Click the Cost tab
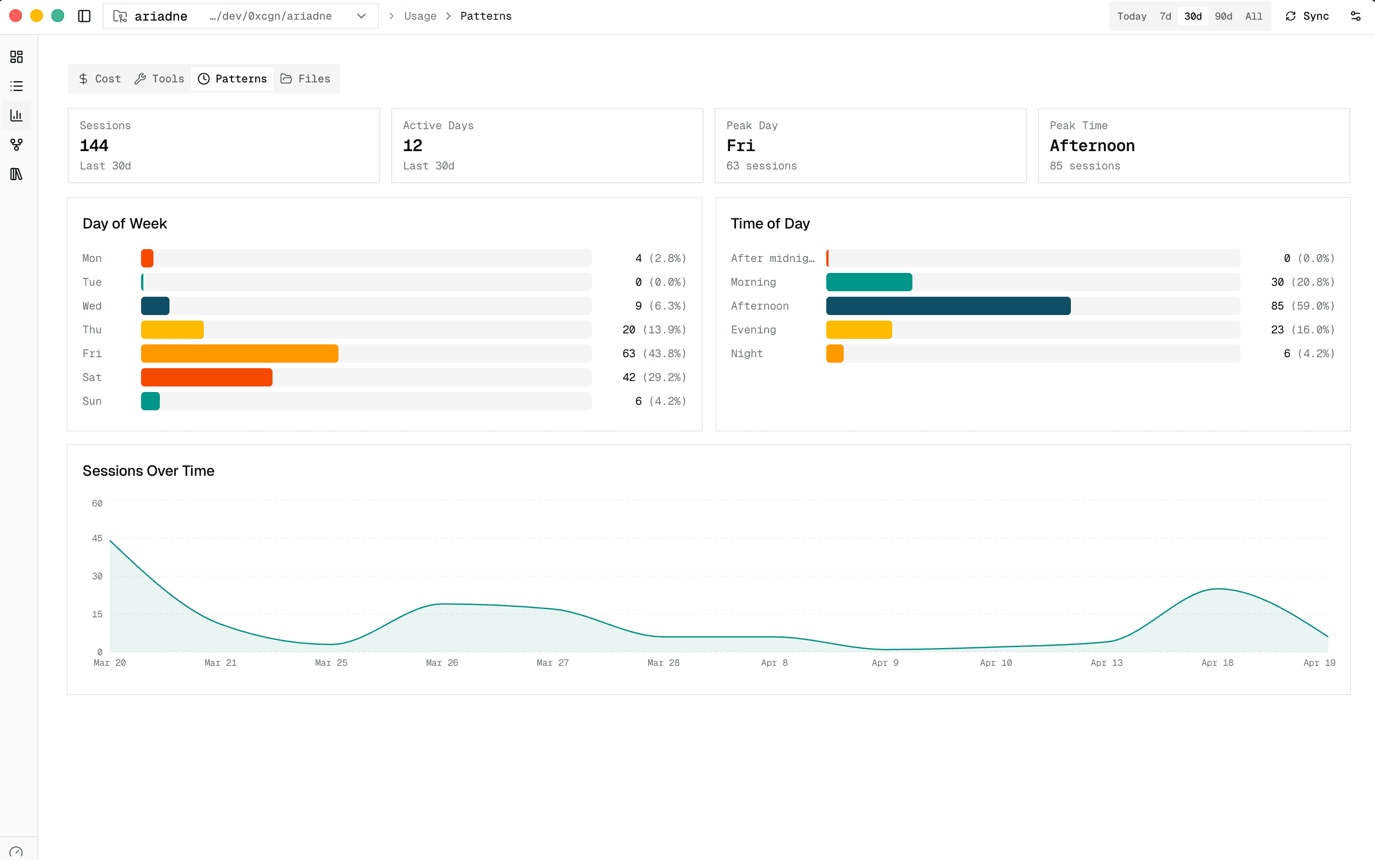[x=100, y=78]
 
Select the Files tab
[x=306, y=78]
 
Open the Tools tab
[x=160, y=78]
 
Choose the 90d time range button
[x=1223, y=16]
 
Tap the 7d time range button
[x=1165, y=16]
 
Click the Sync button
[x=1307, y=16]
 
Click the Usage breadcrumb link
[x=420, y=16]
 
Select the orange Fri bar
[x=240, y=353]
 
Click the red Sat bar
[x=207, y=377]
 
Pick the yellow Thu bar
[x=172, y=329]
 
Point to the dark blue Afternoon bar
[x=948, y=305]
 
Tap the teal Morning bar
[x=869, y=282]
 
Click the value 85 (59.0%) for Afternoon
[x=1302, y=305]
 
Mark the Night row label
[x=747, y=353]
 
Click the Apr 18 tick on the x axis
[x=1217, y=663]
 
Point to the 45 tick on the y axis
[x=97, y=538]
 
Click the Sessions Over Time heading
[x=148, y=470]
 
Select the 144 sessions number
[x=94, y=146]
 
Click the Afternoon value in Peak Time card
[x=1091, y=146]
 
